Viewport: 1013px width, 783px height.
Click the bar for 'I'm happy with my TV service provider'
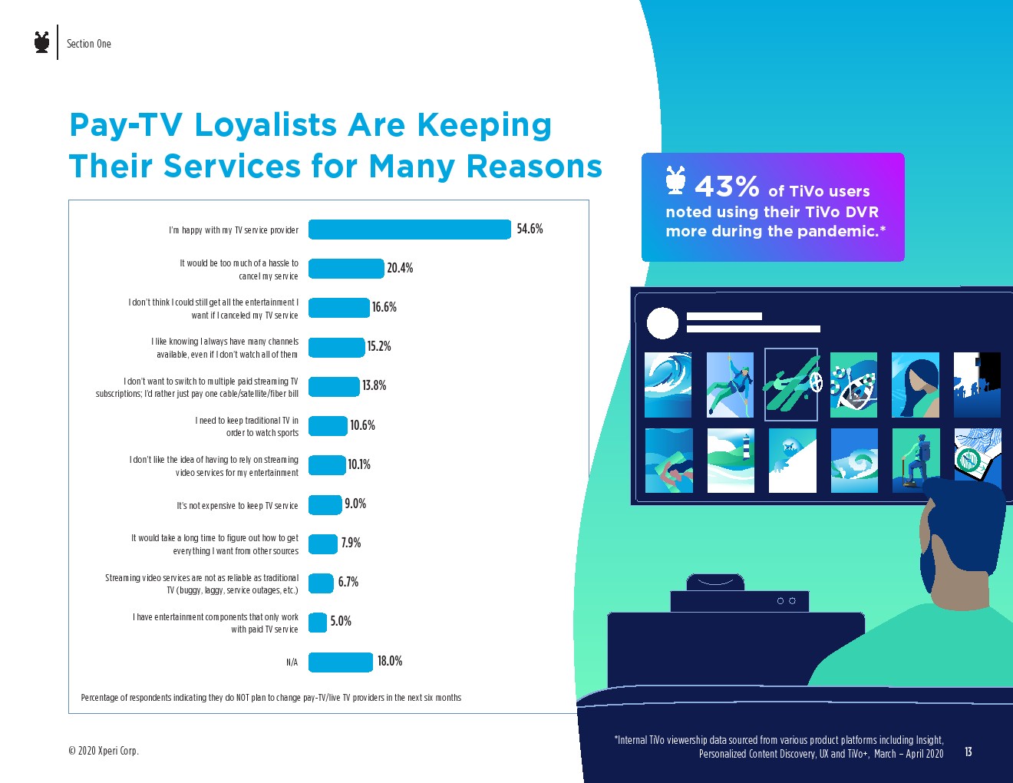409,230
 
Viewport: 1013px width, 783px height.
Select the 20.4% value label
400,268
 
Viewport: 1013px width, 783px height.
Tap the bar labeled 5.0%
318,622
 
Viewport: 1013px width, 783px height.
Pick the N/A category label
292,662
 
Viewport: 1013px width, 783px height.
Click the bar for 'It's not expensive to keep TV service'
325,505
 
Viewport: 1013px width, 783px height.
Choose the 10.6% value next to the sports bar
362,425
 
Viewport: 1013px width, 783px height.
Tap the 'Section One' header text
89,44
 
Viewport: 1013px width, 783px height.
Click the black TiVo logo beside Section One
42,42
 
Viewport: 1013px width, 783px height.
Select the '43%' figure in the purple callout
727,187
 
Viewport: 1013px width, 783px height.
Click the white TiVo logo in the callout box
675,180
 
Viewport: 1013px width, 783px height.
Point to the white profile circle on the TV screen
662,323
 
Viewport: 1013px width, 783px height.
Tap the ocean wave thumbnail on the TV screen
668,385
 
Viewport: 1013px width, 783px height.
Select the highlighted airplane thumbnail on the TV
791,385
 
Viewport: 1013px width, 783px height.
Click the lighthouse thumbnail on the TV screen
731,460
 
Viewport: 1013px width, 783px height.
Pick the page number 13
968,752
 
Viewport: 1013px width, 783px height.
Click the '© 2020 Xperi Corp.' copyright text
104,751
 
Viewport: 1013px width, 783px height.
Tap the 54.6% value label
530,229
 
